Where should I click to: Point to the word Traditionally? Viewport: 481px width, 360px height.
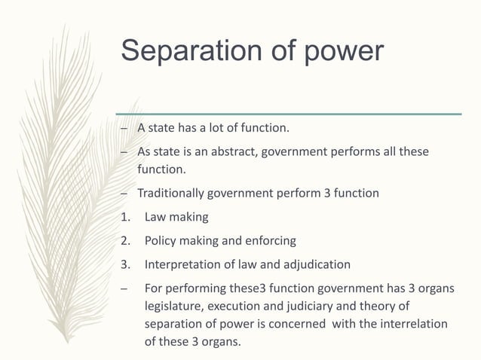[x=171, y=194]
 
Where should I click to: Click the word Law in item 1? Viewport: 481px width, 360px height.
[x=155, y=217]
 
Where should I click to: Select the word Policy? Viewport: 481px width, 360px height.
[x=161, y=241]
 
